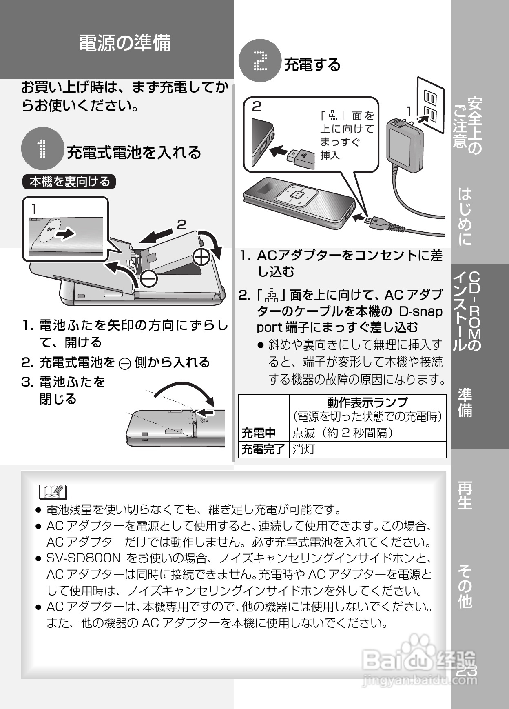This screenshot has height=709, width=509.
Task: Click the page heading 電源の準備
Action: (124, 43)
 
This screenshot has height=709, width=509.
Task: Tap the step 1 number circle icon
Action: (42, 149)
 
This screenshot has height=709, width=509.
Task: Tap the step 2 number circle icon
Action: (260, 61)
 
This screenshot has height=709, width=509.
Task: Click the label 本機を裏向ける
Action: (69, 182)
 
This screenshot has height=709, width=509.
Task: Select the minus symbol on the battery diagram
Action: (148, 278)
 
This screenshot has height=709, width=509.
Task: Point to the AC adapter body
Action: (404, 141)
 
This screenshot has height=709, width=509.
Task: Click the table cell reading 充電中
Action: (259, 433)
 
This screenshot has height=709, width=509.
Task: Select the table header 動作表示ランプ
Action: (367, 402)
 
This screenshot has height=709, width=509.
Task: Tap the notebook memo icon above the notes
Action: (53, 491)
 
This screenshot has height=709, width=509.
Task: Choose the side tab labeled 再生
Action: (465, 496)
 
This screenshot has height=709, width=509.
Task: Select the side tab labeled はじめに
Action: (465, 216)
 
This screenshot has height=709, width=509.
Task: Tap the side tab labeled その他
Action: (465, 586)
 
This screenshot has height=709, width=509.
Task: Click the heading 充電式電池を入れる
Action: (134, 152)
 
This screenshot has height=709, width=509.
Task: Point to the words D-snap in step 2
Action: (420, 311)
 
